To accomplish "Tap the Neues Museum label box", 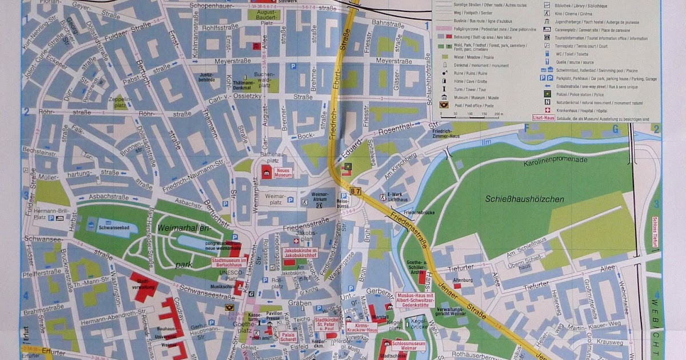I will [x=284, y=172].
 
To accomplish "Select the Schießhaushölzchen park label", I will [x=524, y=199].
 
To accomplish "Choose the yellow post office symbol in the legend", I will [x=442, y=105].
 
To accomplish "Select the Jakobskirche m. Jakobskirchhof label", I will [x=301, y=254].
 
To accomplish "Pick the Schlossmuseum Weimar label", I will [x=411, y=346].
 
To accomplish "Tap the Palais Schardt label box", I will [x=287, y=337].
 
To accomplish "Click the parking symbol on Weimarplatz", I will [x=291, y=199].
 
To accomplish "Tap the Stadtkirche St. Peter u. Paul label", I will [x=327, y=324].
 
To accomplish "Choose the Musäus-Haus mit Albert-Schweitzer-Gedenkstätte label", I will [x=416, y=299].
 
